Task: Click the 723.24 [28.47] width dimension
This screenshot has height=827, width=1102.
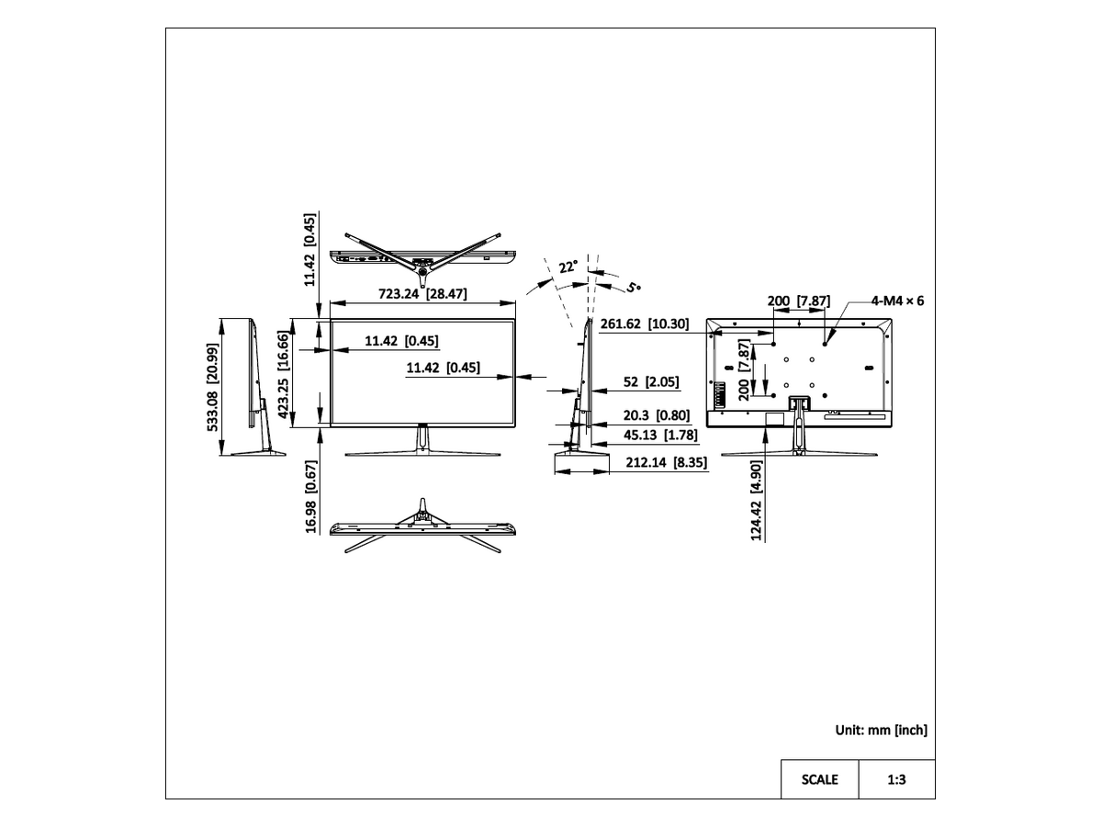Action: pos(422,293)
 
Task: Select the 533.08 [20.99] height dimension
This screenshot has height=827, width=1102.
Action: pos(212,387)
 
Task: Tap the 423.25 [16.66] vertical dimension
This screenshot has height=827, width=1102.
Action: pos(283,375)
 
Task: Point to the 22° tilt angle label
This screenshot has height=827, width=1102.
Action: pos(568,266)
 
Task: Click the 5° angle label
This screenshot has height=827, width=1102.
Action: pos(634,288)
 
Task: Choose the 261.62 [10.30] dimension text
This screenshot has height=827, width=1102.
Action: pos(645,323)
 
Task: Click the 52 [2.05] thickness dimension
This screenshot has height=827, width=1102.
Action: pos(651,381)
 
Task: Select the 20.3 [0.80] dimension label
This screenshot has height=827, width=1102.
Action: pos(657,415)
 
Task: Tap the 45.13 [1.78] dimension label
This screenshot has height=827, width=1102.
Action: pos(660,435)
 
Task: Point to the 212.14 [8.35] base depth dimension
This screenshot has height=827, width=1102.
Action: pos(666,462)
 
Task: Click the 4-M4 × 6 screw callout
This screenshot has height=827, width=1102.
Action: pos(897,300)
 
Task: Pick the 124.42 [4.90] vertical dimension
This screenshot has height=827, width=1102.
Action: pos(756,500)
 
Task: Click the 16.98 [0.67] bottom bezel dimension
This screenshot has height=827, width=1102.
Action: pos(311,496)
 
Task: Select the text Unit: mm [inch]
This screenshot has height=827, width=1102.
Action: pos(881,730)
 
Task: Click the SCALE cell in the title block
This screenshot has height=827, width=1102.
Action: pos(819,779)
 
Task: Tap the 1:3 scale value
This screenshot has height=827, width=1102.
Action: pos(896,779)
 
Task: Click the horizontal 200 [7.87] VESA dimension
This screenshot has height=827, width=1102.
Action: pos(799,300)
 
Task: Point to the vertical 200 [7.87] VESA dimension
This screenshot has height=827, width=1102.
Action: pos(744,369)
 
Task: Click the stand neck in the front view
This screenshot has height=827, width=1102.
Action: pos(422,439)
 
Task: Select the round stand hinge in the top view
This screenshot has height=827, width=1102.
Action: pos(422,273)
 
